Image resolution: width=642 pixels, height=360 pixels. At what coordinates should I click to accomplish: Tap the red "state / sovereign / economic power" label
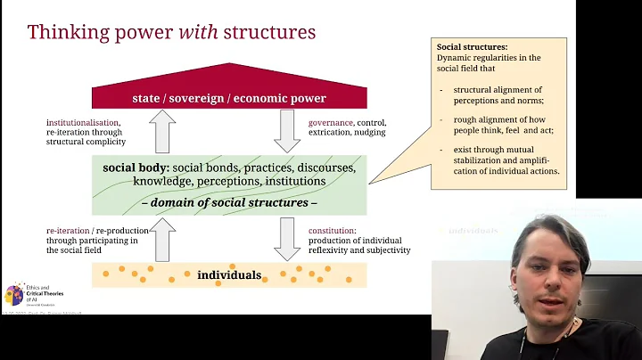click(229, 98)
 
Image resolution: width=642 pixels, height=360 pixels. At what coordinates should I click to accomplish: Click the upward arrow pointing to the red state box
click(164, 132)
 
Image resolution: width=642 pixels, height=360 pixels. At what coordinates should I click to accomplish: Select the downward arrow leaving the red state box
click(288, 132)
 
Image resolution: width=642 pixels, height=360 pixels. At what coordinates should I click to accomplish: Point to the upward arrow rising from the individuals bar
click(164, 240)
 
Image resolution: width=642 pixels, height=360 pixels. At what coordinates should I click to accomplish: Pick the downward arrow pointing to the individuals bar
click(288, 240)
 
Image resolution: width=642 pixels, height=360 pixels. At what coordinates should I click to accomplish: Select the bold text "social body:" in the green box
click(136, 167)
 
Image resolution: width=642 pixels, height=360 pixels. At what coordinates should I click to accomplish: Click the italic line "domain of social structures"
click(228, 202)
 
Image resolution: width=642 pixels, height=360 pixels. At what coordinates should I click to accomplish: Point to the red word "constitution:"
click(333, 230)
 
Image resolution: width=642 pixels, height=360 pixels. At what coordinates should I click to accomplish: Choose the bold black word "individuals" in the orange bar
click(228, 274)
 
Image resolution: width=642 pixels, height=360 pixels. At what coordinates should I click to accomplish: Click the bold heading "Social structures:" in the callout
click(472, 46)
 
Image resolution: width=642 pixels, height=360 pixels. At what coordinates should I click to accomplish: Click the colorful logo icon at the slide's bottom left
click(14, 294)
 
